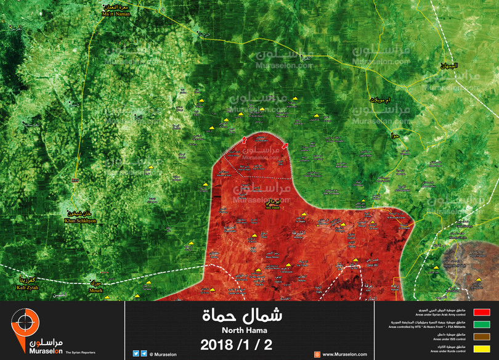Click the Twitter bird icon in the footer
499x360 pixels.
136,354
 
